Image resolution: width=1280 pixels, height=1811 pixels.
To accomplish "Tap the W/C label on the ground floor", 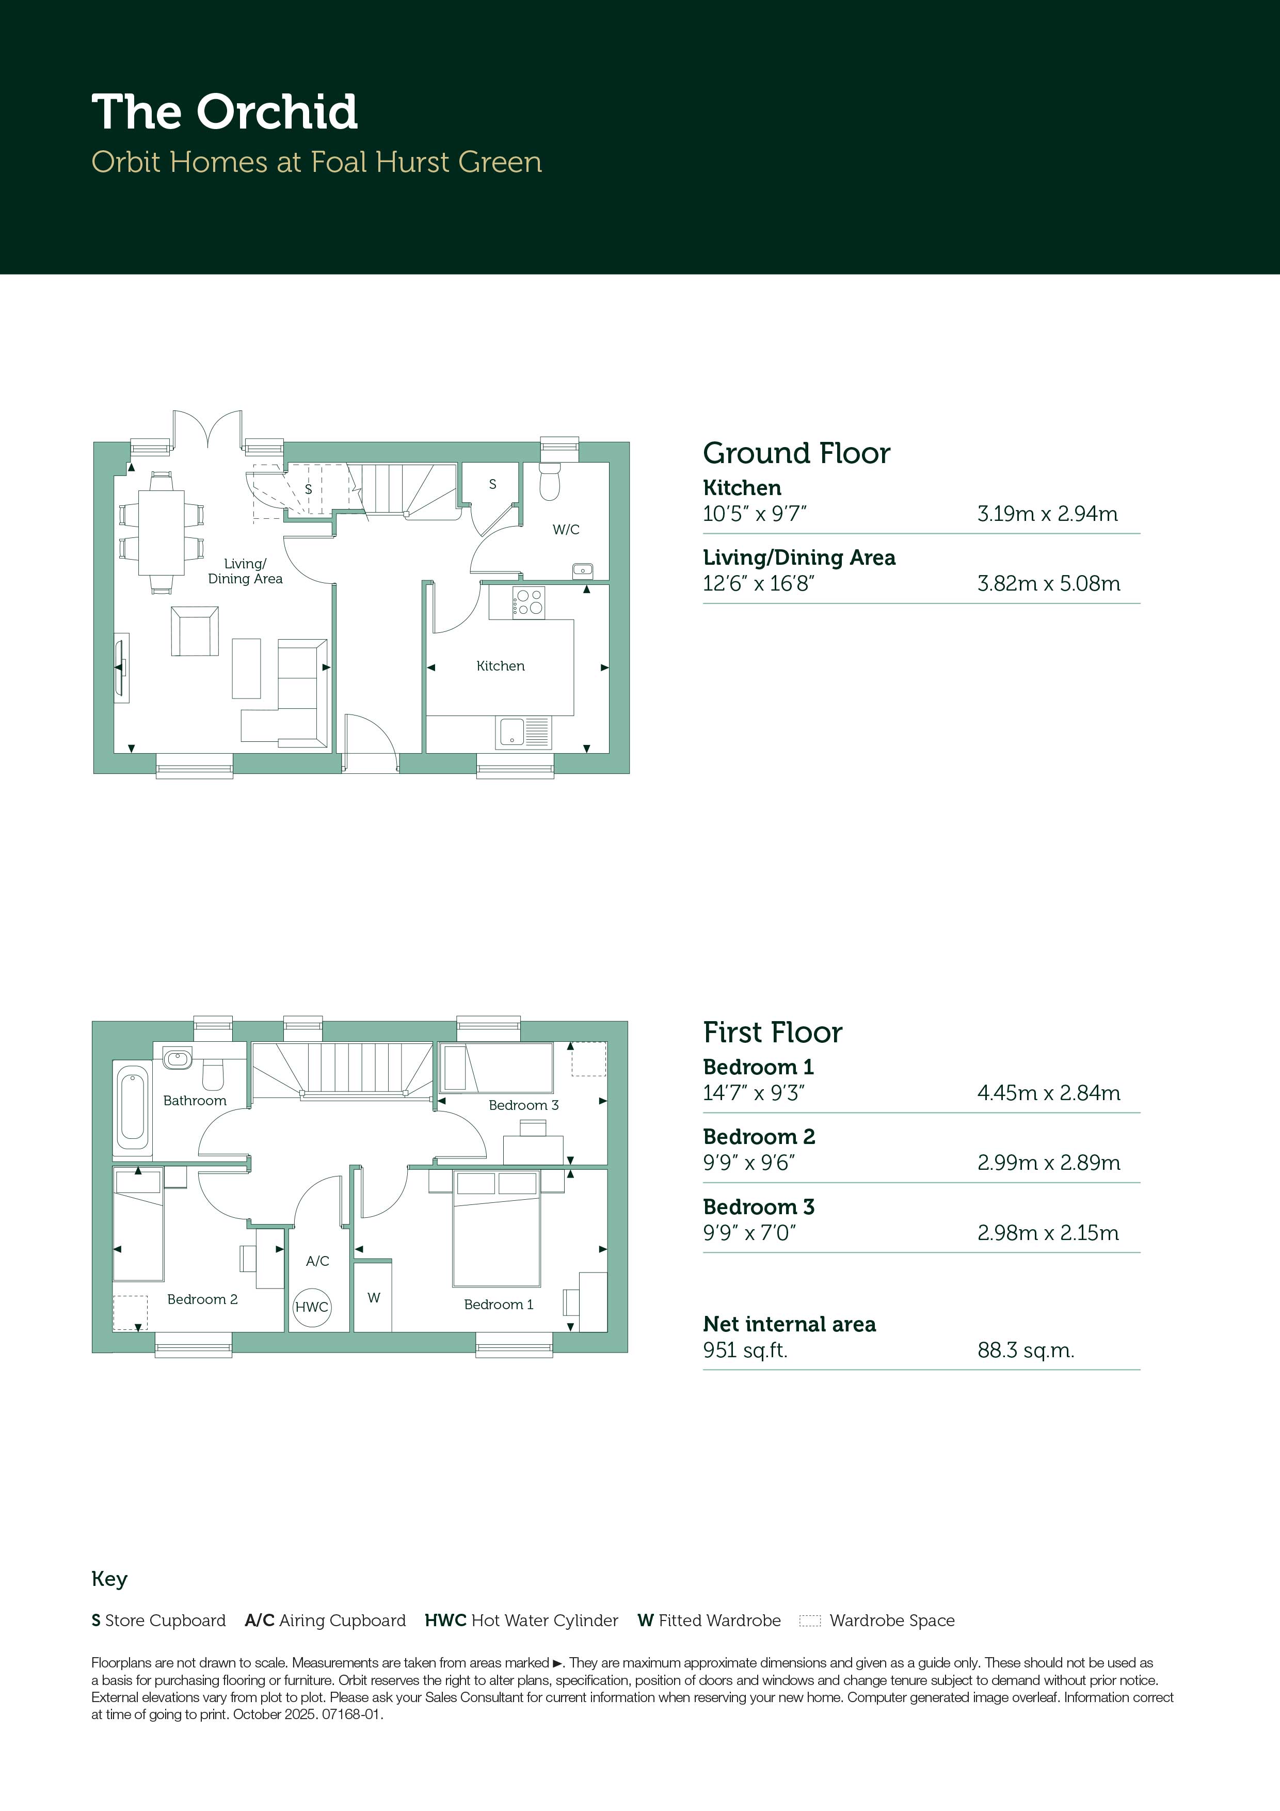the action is pyautogui.click(x=566, y=529).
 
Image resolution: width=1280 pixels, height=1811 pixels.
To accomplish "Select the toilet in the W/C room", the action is pyautogui.click(x=550, y=480).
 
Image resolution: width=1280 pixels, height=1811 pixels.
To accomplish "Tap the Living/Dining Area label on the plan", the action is pyautogui.click(x=245, y=571).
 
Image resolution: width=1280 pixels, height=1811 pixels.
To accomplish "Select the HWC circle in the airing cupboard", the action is pyautogui.click(x=312, y=1307).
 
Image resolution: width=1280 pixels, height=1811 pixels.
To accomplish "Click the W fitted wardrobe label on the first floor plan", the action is pyautogui.click(x=374, y=1297).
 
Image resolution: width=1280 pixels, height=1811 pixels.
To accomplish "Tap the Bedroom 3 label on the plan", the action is pyautogui.click(x=524, y=1105).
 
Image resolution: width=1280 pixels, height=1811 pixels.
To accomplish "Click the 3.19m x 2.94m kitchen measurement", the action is pyautogui.click(x=1047, y=514).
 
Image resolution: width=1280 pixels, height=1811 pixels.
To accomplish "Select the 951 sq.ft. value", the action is pyautogui.click(x=745, y=1351).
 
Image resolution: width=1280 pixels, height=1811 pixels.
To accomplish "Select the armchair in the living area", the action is pyautogui.click(x=195, y=631).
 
